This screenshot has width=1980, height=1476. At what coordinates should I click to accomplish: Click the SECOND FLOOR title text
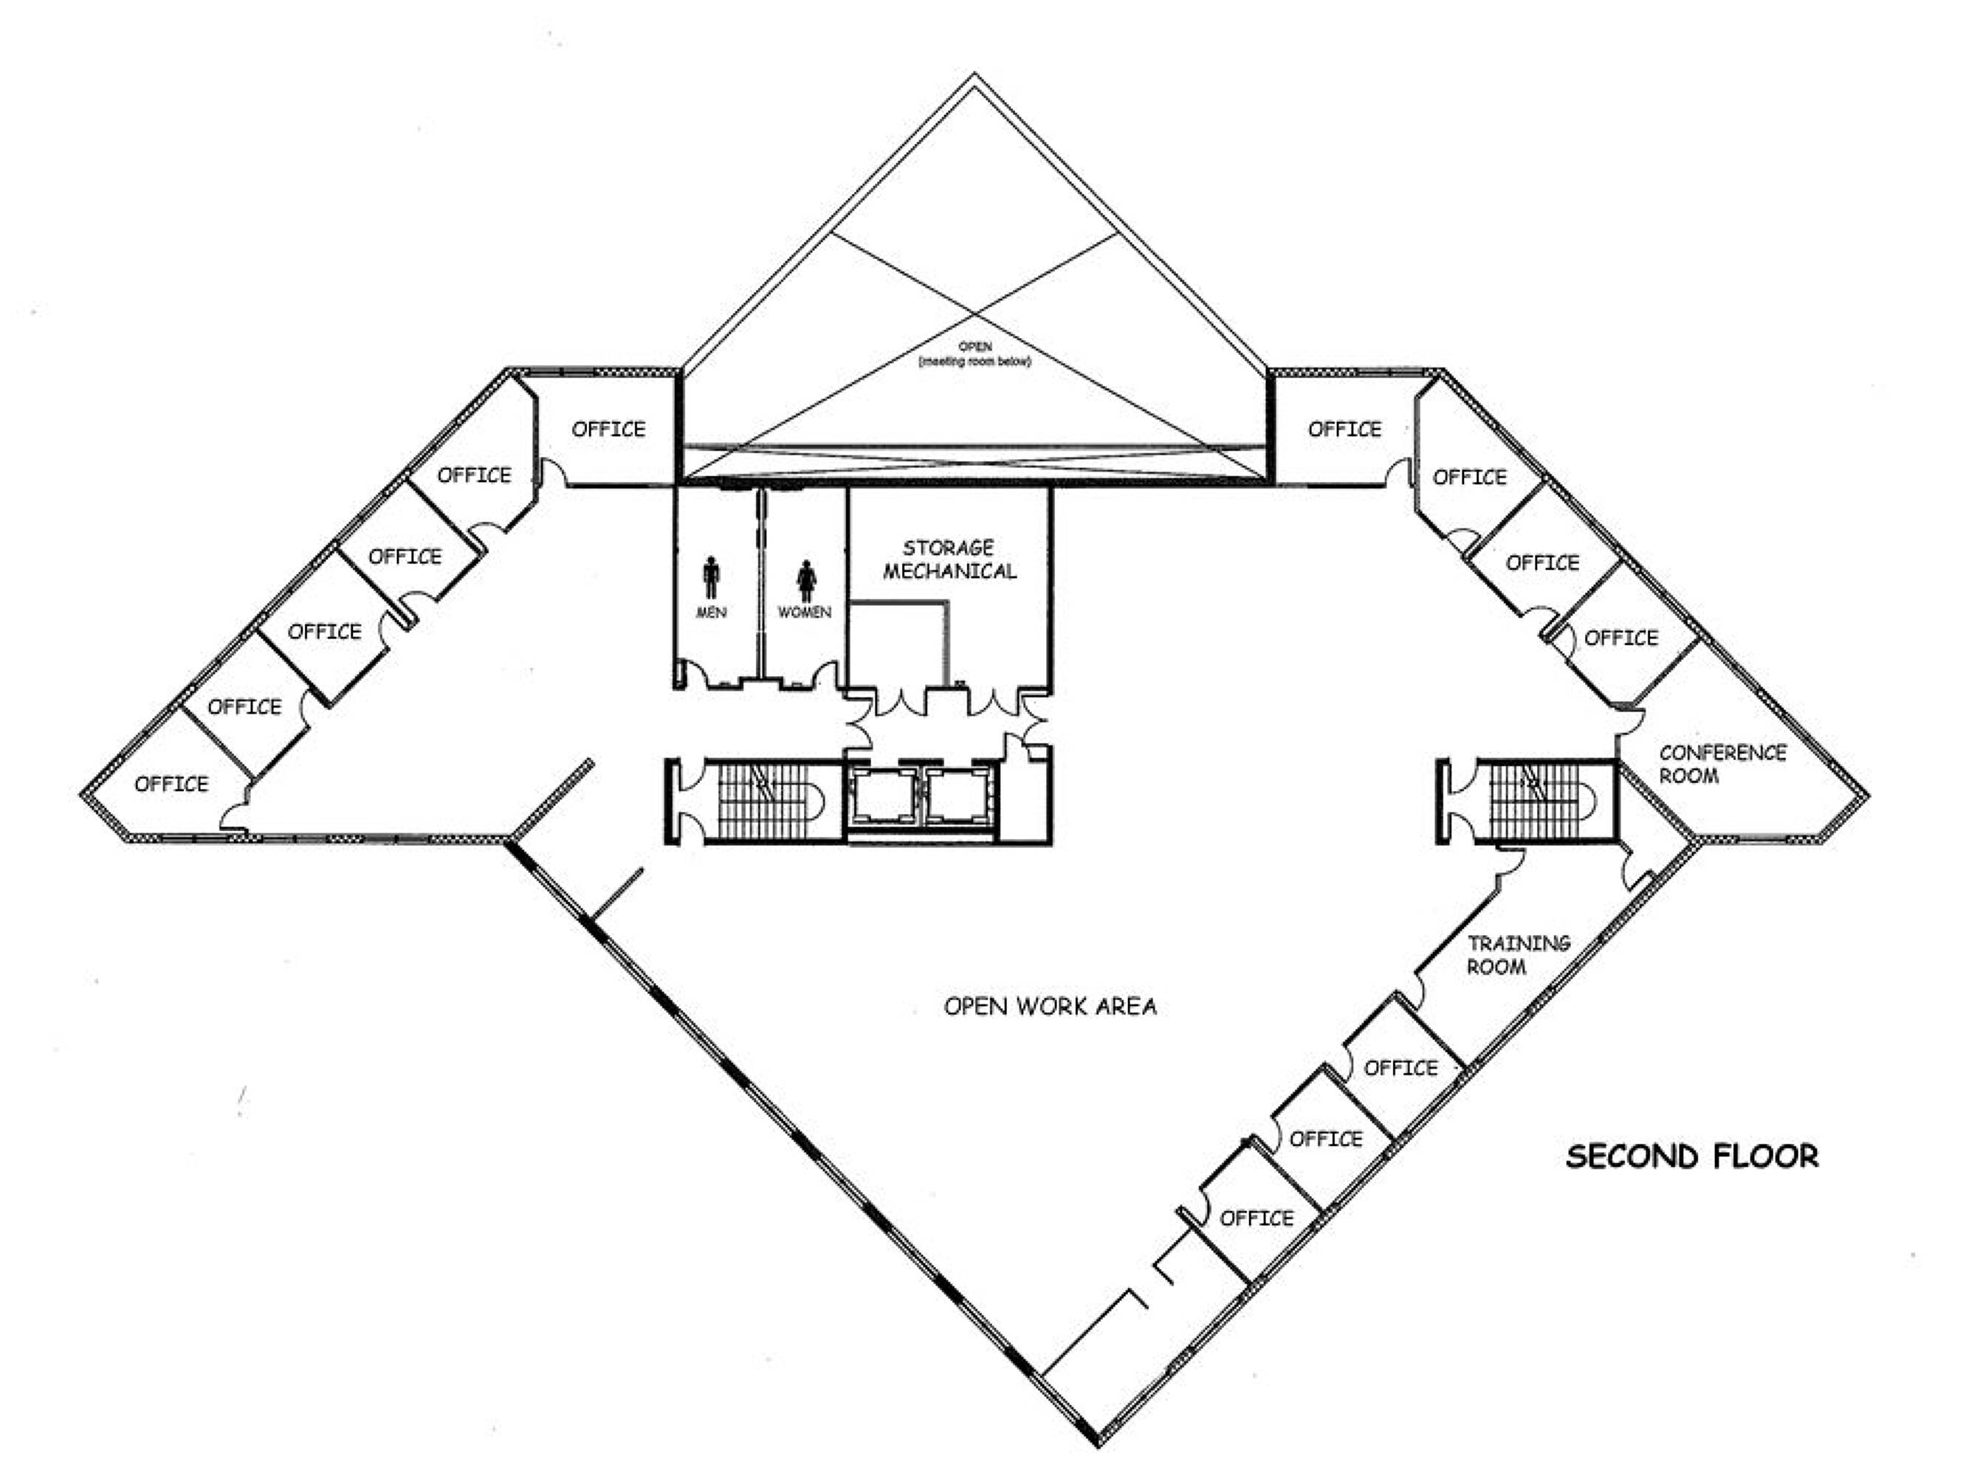[1692, 1156]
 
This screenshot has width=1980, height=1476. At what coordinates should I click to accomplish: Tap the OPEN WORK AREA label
[1050, 1007]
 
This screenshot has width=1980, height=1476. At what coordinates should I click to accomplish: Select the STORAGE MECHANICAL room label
[950, 559]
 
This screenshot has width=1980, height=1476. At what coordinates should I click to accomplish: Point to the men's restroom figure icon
[711, 577]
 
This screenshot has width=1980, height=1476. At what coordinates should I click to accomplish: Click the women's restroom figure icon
[806, 580]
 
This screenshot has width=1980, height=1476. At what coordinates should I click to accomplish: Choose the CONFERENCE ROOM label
[1722, 764]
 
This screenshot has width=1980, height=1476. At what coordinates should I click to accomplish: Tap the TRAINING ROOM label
[1519, 954]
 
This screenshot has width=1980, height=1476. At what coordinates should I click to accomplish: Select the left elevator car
[883, 796]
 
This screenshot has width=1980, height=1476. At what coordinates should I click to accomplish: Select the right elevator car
[958, 796]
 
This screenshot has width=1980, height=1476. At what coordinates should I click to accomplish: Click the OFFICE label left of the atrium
[608, 429]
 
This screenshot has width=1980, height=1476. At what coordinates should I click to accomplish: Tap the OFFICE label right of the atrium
[1344, 429]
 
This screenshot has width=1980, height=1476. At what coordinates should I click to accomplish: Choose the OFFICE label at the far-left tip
[171, 784]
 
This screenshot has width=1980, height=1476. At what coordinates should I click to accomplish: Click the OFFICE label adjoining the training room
[1401, 1068]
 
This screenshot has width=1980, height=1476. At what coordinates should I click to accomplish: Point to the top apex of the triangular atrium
[974, 73]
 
